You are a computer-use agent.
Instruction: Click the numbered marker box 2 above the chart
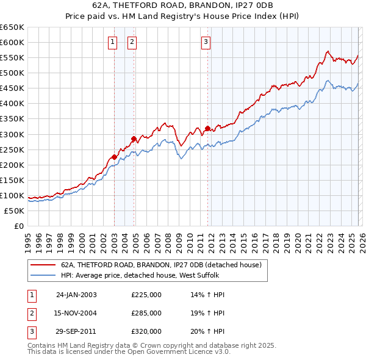point(132,42)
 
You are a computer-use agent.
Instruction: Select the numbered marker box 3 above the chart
point(206,42)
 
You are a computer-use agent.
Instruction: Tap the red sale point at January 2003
point(114,157)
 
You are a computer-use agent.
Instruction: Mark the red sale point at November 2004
point(134,139)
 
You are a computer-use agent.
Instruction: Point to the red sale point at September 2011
point(207,128)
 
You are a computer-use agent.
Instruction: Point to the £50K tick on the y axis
point(14,211)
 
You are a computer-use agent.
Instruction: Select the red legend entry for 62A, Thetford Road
point(161,265)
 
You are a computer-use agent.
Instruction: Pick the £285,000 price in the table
point(146,313)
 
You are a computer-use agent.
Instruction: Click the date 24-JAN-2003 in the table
point(76,295)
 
